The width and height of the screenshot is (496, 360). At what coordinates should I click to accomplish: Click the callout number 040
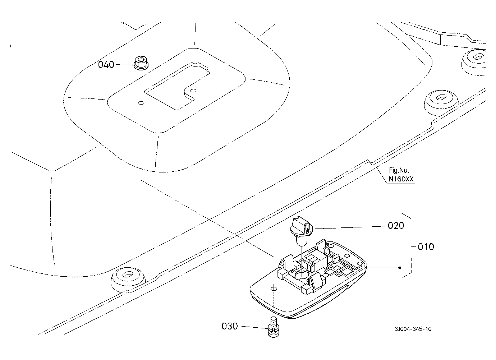click(x=106, y=65)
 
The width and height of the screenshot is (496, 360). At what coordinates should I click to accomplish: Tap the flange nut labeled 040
click(x=141, y=63)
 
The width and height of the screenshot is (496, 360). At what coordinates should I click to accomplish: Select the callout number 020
click(x=396, y=226)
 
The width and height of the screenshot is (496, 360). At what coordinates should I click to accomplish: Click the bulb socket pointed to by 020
click(x=302, y=231)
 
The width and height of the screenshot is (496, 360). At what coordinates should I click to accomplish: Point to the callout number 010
click(x=426, y=247)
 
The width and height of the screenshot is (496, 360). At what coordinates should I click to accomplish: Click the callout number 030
click(x=230, y=326)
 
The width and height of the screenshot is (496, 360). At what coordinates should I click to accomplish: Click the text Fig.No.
click(x=399, y=171)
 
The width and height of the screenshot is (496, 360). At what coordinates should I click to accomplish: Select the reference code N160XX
click(x=401, y=179)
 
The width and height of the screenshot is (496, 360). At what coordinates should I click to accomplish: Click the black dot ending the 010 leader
click(x=400, y=268)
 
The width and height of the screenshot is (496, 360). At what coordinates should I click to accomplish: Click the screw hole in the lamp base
click(x=274, y=289)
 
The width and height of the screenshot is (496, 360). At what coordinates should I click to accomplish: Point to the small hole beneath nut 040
click(x=141, y=103)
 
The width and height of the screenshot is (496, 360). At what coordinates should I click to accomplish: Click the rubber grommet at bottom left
click(x=128, y=280)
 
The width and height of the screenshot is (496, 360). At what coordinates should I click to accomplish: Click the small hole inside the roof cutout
click(x=193, y=91)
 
